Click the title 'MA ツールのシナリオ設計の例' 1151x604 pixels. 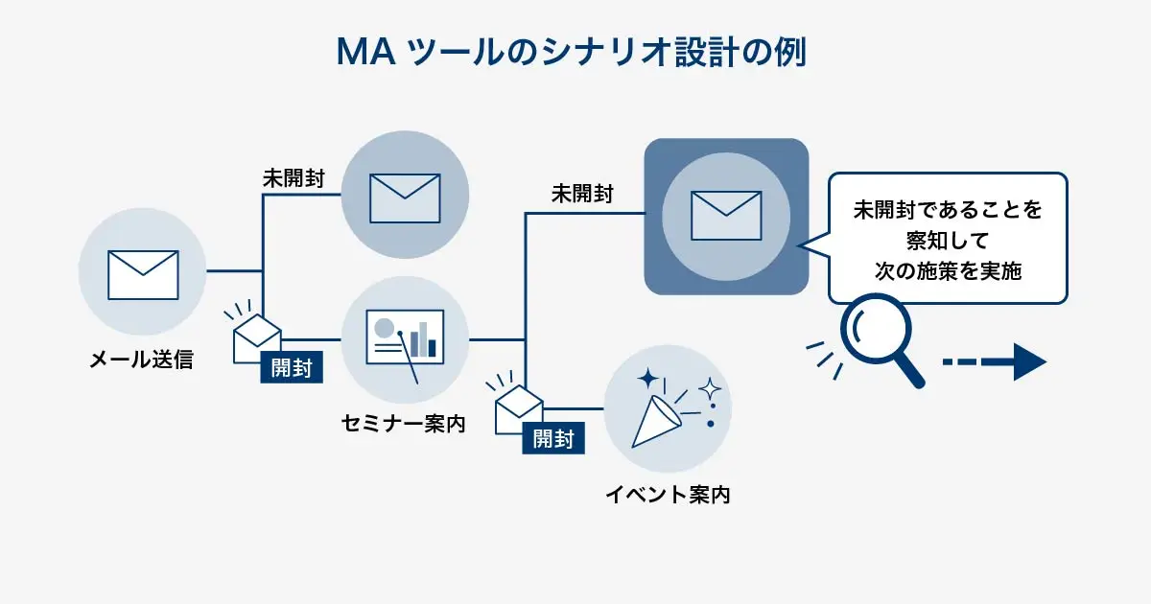tap(572, 52)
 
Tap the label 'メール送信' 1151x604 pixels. tap(141, 360)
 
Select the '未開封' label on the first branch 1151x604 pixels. tap(294, 179)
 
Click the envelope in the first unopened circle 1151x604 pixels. tap(405, 197)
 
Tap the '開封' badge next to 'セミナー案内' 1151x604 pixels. tap(291, 367)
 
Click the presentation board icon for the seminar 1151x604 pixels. tap(405, 338)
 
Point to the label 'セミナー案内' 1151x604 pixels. tap(404, 423)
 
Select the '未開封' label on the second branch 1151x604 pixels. tap(582, 194)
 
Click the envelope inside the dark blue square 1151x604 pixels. tap(725, 215)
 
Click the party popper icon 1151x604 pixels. tap(668, 408)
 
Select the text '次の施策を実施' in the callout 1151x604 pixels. tap(948, 271)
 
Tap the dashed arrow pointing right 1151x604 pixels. tap(993, 362)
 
